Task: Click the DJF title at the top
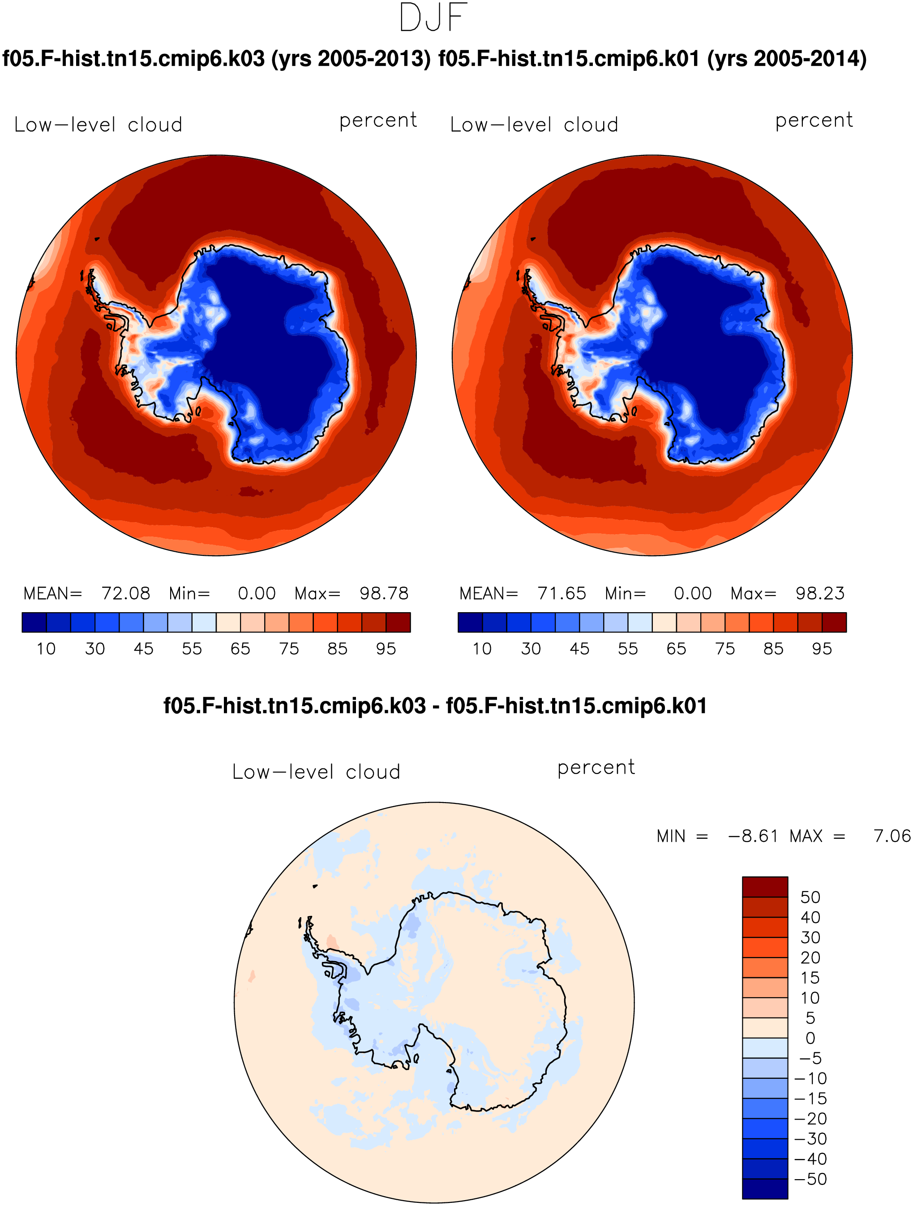coord(433,17)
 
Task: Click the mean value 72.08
coord(126,593)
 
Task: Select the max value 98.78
coord(384,593)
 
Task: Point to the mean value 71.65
coord(562,593)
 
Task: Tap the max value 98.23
coord(820,593)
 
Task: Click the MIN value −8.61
coord(753,836)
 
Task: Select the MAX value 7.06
coord(892,836)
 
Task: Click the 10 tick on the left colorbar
coord(46,649)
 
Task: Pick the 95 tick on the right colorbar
coord(822,649)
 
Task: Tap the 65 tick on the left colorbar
coord(240,649)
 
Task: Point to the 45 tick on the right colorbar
coord(579,649)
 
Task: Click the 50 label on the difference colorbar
coord(810,897)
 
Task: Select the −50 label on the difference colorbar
coord(811,1179)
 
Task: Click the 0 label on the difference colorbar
coord(810,1038)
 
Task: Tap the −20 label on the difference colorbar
coord(811,1119)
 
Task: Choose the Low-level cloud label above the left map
coord(99,125)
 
